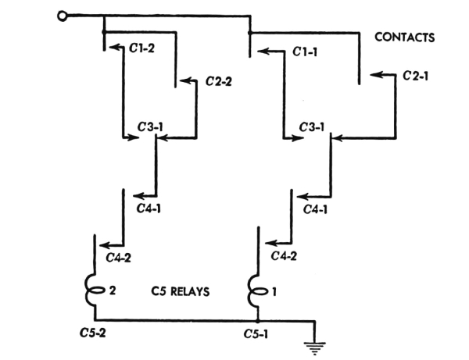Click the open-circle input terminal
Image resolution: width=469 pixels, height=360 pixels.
pos(61,14)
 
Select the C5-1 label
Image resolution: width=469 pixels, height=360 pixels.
pos(256,332)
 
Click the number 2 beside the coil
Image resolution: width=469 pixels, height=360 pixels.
pos(113,290)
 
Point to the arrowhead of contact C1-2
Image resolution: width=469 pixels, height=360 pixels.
pos(111,48)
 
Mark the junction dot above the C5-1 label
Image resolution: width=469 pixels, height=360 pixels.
pos(257,319)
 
